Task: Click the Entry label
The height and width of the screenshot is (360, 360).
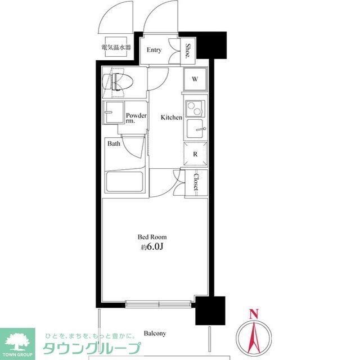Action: pyautogui.click(x=154, y=50)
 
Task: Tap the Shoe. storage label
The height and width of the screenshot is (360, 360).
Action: pyautogui.click(x=188, y=50)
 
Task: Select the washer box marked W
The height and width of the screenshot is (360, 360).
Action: pyautogui.click(x=195, y=79)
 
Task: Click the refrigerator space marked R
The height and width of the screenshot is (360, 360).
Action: pyautogui.click(x=195, y=154)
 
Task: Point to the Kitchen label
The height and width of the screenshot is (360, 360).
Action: pyautogui.click(x=171, y=118)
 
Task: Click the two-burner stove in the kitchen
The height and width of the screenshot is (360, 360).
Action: pyautogui.click(x=195, y=109)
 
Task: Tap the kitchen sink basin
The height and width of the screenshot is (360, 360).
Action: pyautogui.click(x=195, y=129)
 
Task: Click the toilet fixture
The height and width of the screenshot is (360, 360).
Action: pyautogui.click(x=118, y=82)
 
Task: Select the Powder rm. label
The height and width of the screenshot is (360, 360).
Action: pyautogui.click(x=136, y=118)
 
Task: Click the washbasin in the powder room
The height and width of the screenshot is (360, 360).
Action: pyautogui.click(x=114, y=112)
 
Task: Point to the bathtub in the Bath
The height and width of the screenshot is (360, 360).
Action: pyautogui.click(x=124, y=182)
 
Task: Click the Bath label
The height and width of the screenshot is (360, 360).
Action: pyautogui.click(x=114, y=144)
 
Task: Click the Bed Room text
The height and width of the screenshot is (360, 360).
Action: pyautogui.click(x=152, y=237)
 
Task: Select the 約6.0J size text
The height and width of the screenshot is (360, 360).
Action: pyautogui.click(x=152, y=247)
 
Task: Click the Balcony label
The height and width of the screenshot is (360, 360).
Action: pyautogui.click(x=155, y=334)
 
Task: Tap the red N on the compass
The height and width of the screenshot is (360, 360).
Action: pyautogui.click(x=254, y=314)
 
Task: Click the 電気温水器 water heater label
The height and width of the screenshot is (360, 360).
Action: pyautogui.click(x=116, y=47)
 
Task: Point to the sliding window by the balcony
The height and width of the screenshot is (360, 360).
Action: pyautogui.click(x=159, y=304)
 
